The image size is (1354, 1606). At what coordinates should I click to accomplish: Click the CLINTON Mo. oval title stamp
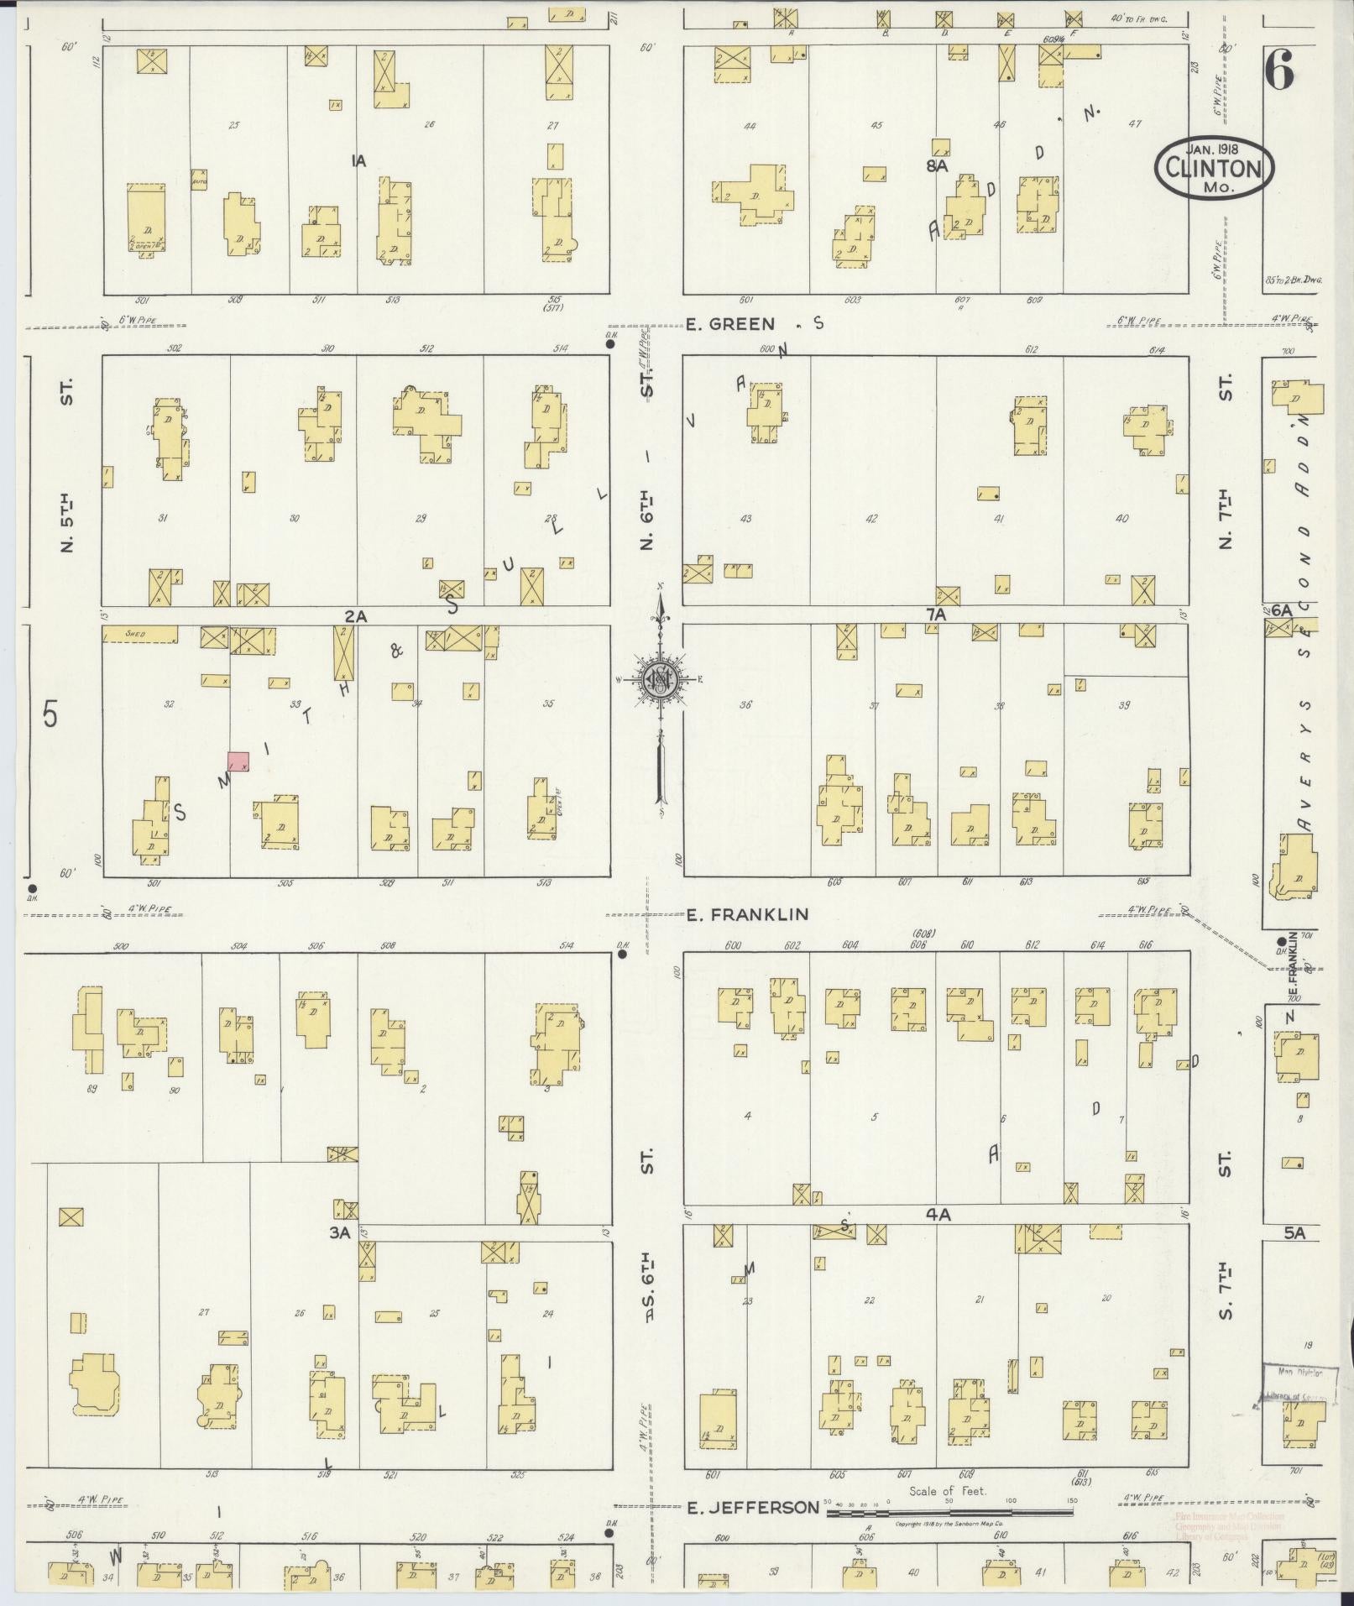pyautogui.click(x=1214, y=169)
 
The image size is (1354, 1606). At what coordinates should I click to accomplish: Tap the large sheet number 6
pyautogui.click(x=1278, y=74)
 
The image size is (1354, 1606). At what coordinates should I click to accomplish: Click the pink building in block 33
pyautogui.click(x=239, y=761)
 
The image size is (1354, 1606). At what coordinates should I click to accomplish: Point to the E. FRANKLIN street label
pyautogui.click(x=747, y=914)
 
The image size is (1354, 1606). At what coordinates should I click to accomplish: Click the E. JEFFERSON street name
pyautogui.click(x=752, y=1508)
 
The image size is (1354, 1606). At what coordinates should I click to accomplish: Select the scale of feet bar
pyautogui.click(x=949, y=1513)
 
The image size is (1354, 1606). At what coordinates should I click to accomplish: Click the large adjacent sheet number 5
pyautogui.click(x=50, y=717)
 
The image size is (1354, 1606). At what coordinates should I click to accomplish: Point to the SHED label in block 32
pyautogui.click(x=137, y=634)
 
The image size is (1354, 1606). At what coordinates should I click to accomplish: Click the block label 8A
pyautogui.click(x=937, y=165)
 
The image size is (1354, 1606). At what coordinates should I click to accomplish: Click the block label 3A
pyautogui.click(x=339, y=1232)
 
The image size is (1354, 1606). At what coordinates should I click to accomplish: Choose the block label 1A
pyautogui.click(x=358, y=161)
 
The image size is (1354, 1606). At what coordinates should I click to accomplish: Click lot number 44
pyautogui.click(x=750, y=126)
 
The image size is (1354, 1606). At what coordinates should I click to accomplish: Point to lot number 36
pyautogui.click(x=745, y=705)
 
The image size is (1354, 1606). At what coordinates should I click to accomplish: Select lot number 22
pyautogui.click(x=869, y=1300)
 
